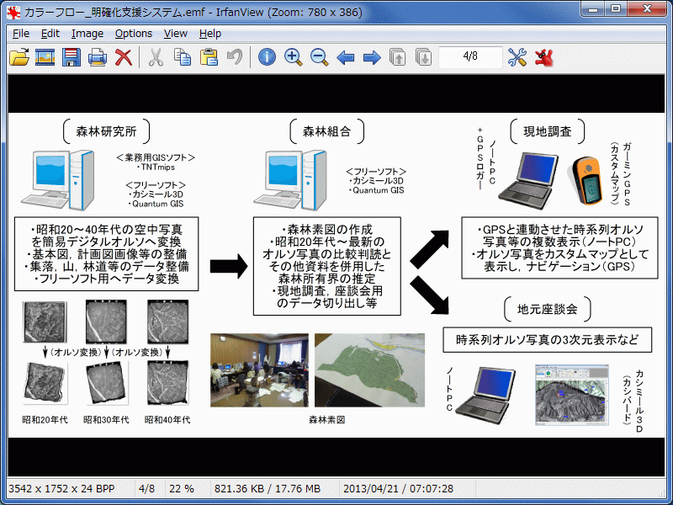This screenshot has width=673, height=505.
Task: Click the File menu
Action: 21,34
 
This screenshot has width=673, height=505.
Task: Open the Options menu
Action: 134,34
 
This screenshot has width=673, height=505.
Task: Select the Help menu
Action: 210,34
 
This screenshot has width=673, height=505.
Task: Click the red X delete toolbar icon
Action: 124,57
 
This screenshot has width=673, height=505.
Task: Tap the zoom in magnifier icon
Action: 293,57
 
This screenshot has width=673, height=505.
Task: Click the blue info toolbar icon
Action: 267,57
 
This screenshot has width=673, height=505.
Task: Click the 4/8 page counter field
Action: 471,57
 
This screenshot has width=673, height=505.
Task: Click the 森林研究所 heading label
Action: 106,131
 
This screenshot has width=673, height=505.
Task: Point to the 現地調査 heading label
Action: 548,131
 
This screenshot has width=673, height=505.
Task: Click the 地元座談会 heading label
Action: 548,309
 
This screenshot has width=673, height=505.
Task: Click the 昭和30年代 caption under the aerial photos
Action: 106,418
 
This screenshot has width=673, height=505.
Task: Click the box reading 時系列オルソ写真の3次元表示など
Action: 548,340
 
